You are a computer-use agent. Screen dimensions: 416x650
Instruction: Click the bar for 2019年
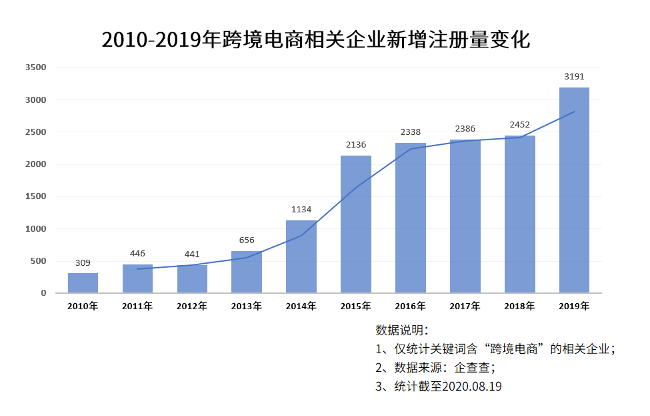tap(574, 190)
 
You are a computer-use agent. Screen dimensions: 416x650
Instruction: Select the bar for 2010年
tap(83, 283)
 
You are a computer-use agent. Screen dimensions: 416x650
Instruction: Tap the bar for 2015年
tap(356, 224)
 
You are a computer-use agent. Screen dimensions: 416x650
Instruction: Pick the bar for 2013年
tap(247, 272)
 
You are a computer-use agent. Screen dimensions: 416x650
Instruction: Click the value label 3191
tap(574, 77)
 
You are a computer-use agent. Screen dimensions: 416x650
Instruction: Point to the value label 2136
tap(356, 145)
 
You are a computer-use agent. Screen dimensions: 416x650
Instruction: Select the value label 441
tap(192, 254)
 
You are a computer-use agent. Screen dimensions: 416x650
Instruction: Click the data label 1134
tap(301, 209)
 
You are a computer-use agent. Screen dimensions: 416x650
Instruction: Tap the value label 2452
tap(519, 124)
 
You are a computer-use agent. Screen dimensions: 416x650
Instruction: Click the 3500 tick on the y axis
tap(35, 67)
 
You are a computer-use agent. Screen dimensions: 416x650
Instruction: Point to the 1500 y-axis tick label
tap(35, 196)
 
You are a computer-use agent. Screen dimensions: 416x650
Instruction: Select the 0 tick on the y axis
tap(43, 293)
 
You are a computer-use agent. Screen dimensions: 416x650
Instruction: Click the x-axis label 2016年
tap(410, 306)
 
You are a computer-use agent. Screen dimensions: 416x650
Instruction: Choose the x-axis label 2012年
tap(192, 306)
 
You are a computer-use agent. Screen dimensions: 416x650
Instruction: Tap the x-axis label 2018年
tap(519, 306)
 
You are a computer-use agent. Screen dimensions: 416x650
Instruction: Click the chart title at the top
tap(316, 39)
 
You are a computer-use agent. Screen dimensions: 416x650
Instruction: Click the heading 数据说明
tap(402, 330)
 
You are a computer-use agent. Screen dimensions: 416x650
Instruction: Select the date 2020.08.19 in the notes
tap(471, 386)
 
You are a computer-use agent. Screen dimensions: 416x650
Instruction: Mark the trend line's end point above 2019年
tap(574, 112)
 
